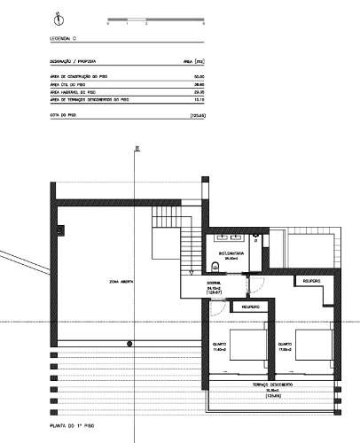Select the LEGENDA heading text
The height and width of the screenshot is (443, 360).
click(64, 40)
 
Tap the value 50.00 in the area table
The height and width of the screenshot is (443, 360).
click(200, 77)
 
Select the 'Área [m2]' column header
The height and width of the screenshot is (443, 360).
click(194, 62)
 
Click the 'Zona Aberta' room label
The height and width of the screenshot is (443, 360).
click(121, 282)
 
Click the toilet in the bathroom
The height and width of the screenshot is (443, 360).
click(255, 239)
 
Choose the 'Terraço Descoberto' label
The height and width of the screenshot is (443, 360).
click(273, 385)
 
